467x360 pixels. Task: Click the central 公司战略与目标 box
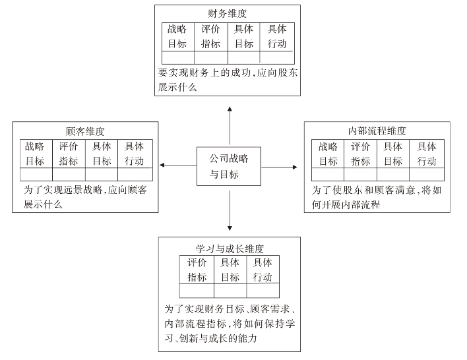[x=229, y=166]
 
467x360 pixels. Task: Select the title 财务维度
[x=228, y=13]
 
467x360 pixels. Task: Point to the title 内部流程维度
[x=377, y=131]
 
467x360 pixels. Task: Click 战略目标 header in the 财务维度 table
[x=178, y=36]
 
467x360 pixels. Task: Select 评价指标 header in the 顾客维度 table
[x=69, y=153]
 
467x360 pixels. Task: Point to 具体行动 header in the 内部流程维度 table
[x=427, y=154]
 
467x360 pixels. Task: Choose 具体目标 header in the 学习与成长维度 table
[x=230, y=270]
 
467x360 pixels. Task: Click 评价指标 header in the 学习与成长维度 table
[x=197, y=270]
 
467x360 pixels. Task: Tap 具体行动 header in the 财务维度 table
[x=277, y=36]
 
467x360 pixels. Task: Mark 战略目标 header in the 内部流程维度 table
[x=328, y=154]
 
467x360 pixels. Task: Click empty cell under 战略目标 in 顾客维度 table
[x=36, y=174]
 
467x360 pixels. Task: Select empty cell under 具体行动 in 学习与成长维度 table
[x=263, y=291]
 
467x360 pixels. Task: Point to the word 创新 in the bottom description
[x=191, y=339]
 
